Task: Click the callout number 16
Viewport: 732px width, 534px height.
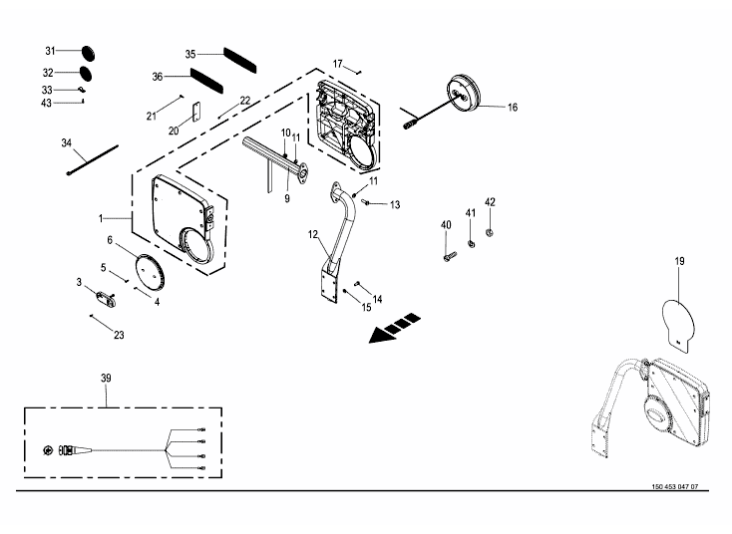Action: tap(513, 108)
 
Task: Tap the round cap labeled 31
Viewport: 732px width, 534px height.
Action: tap(88, 53)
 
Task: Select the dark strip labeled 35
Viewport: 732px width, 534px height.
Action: tap(240, 60)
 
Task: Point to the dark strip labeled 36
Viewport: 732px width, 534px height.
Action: tap(206, 80)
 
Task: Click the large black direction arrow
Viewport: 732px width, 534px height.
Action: tap(395, 329)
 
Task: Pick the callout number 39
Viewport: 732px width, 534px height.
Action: tap(106, 378)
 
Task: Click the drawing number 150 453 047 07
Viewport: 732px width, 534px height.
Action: tap(674, 486)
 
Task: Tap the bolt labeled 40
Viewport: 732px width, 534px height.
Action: tap(450, 256)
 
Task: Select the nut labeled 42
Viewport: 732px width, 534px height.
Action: tap(490, 231)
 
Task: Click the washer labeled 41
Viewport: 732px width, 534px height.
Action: tap(471, 243)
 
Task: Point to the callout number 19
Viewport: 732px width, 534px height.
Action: tap(679, 261)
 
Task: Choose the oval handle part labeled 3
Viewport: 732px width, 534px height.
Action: tap(106, 298)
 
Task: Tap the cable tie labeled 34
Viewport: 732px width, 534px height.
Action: tap(93, 160)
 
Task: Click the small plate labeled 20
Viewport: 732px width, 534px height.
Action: tap(196, 112)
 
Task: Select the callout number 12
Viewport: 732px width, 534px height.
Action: tap(313, 234)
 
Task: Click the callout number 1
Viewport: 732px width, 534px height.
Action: tap(101, 218)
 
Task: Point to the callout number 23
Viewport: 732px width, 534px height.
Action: tap(119, 335)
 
